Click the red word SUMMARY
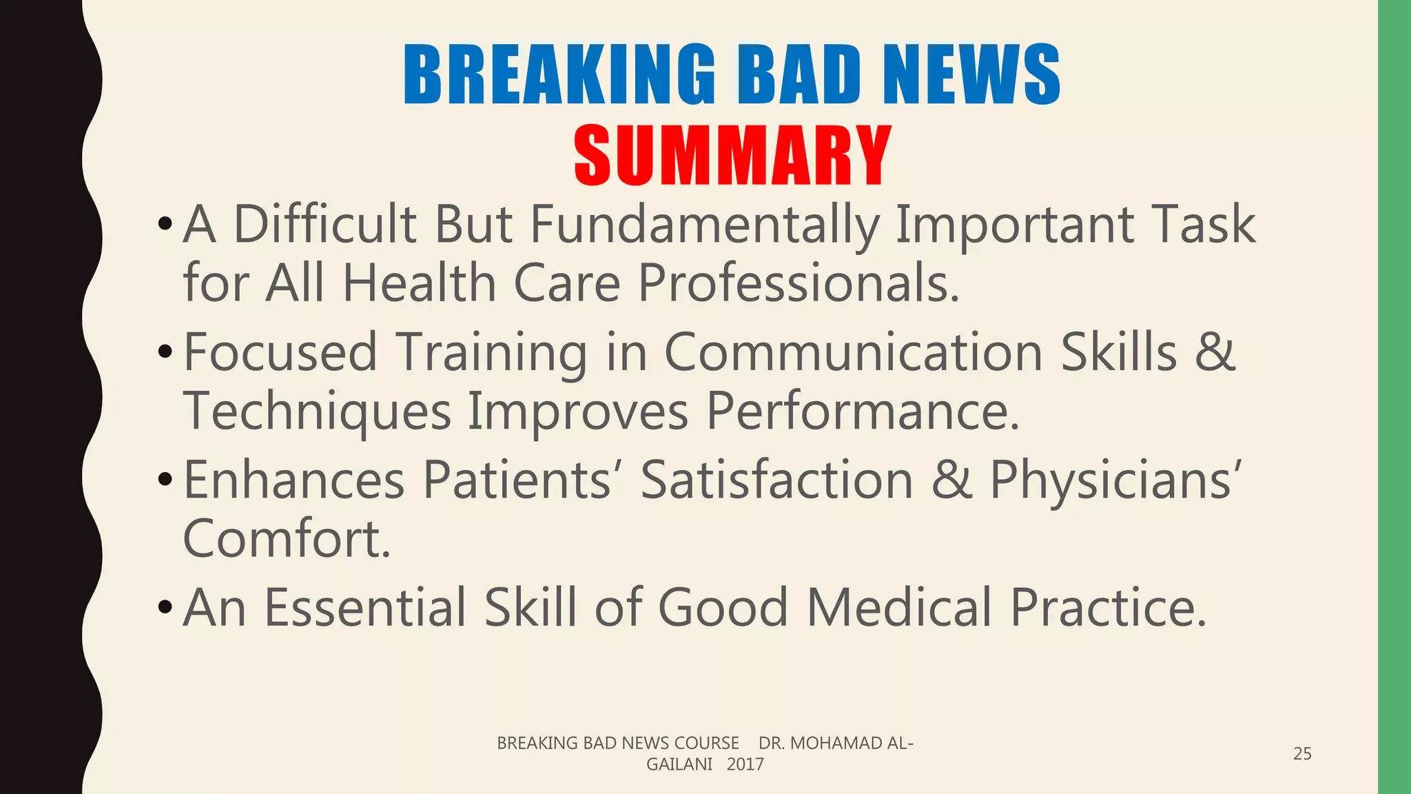tap(732, 156)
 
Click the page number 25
tap(1302, 753)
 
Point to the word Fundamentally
tap(705, 225)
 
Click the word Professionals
tap(799, 283)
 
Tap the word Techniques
tap(317, 411)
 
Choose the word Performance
tap(862, 411)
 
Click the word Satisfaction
tap(776, 480)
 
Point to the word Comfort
tap(287, 538)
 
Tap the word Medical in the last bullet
tap(899, 607)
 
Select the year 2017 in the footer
tap(745, 764)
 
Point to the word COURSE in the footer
tap(706, 743)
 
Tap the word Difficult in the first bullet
tap(325, 225)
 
